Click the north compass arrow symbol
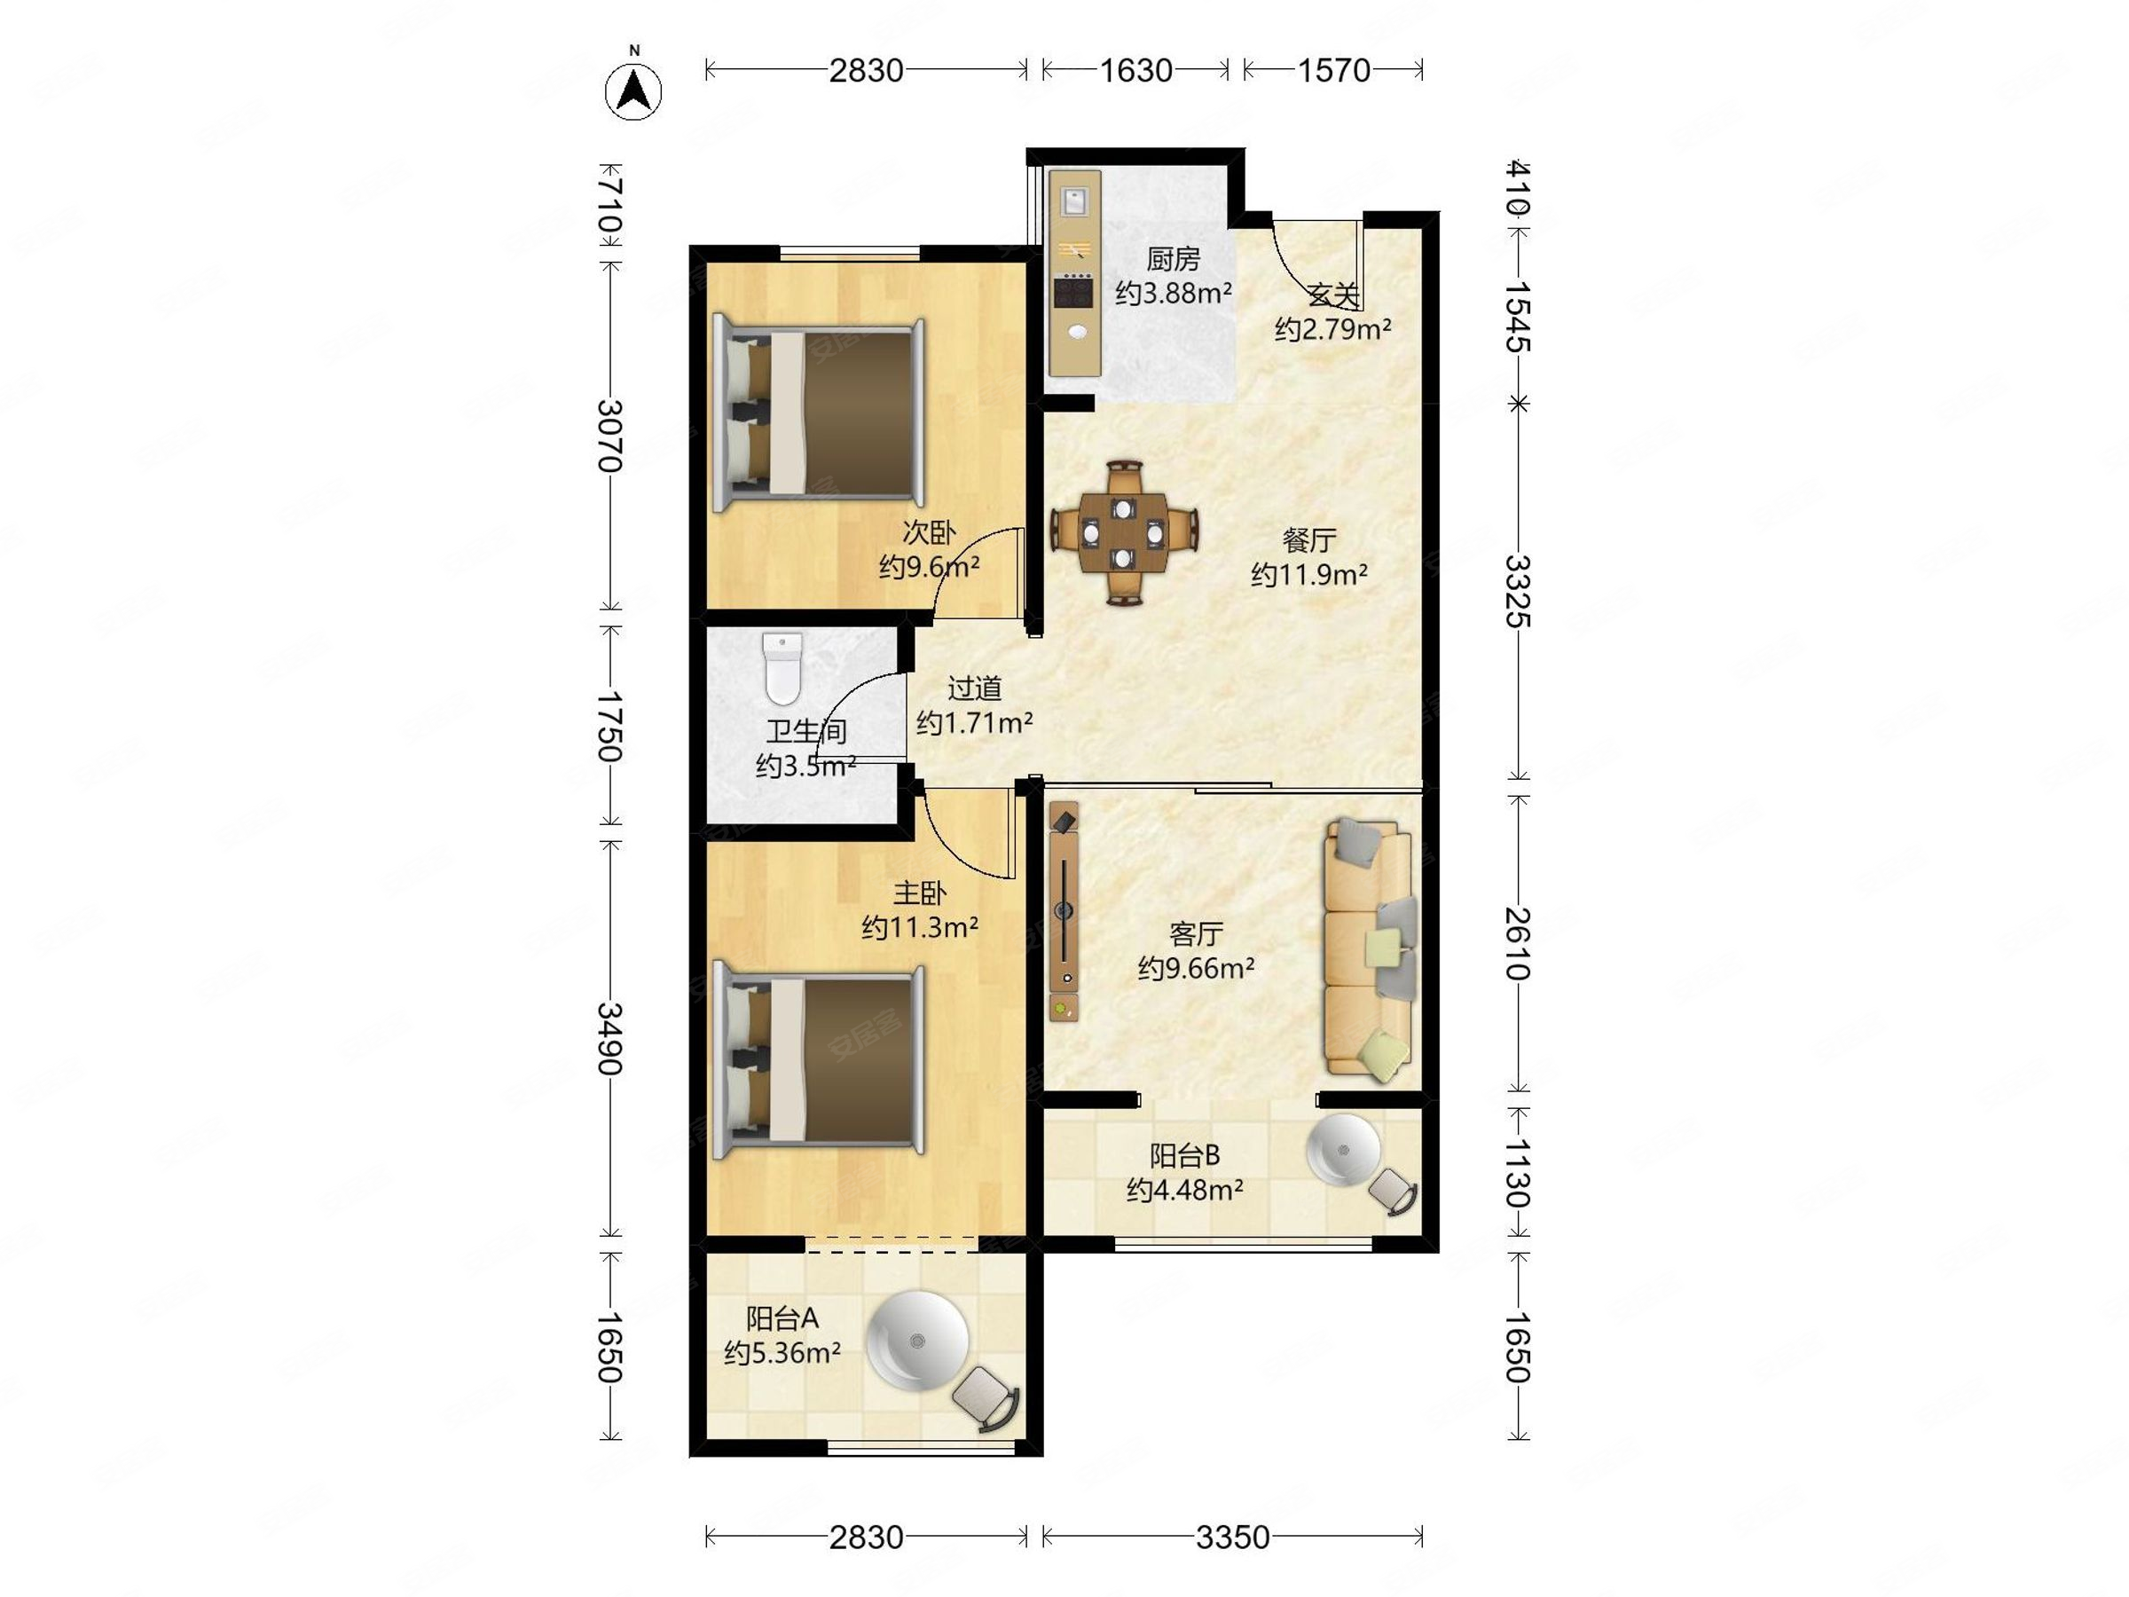(x=633, y=92)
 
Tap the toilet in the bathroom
(x=782, y=667)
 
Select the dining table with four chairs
(x=1123, y=532)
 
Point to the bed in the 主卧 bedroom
(x=818, y=1063)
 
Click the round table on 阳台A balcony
(x=917, y=1340)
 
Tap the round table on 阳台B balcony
(x=1343, y=1151)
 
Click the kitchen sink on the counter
(x=1074, y=202)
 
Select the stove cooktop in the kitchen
(x=1074, y=291)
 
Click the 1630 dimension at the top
(x=1135, y=70)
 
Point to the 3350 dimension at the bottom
(x=1232, y=1538)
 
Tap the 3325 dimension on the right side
(x=1518, y=590)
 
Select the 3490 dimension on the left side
(x=610, y=1038)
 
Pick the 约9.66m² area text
(x=1196, y=967)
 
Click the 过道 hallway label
(x=975, y=688)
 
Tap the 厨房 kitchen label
(x=1174, y=259)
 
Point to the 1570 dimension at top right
(x=1334, y=70)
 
